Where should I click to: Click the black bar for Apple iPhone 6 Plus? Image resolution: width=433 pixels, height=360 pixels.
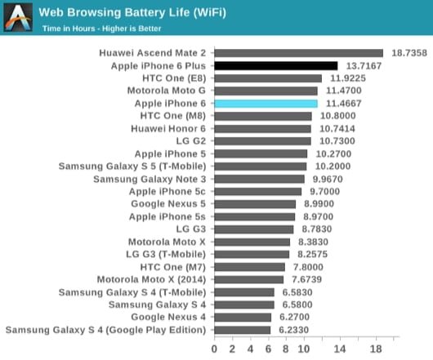(275, 65)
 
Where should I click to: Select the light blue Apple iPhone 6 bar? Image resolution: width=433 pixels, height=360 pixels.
(266, 104)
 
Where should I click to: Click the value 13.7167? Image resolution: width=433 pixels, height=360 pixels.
(364, 65)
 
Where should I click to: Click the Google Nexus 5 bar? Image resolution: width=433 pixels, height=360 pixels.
(255, 204)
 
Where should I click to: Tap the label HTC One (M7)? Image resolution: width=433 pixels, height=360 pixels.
(174, 267)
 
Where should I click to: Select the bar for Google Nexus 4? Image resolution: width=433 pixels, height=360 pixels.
(243, 318)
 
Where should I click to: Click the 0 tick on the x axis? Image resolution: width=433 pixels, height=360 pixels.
(214, 348)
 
